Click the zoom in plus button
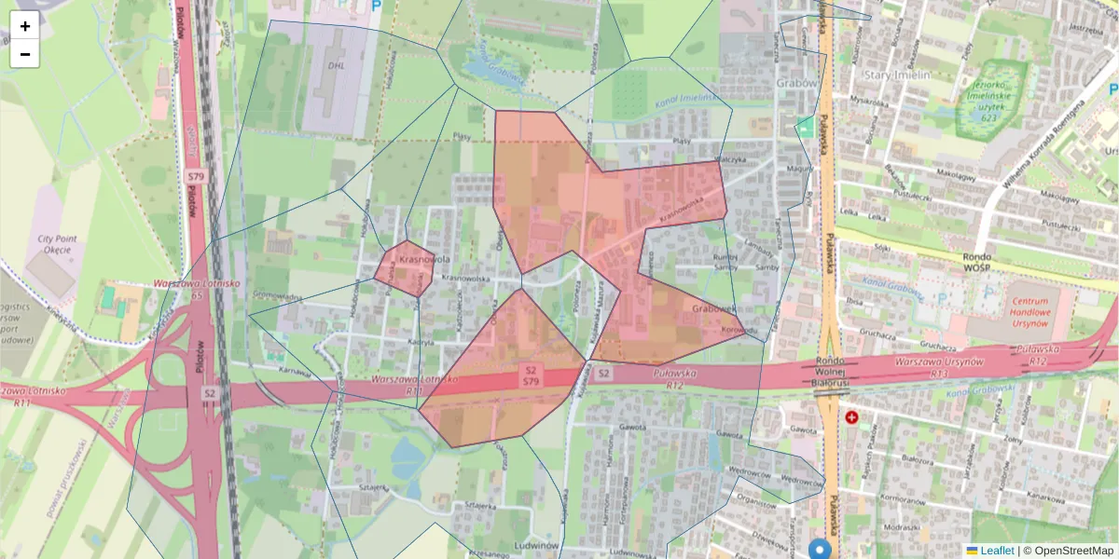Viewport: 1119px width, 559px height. [x=25, y=26]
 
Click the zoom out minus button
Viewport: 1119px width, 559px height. [x=25, y=54]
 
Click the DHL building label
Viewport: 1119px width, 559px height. [x=337, y=66]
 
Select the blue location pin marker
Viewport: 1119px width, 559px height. [x=820, y=550]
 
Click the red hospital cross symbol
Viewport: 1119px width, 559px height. [x=851, y=418]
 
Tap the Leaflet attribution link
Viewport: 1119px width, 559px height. [x=989, y=551]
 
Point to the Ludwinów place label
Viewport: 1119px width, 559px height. [x=535, y=544]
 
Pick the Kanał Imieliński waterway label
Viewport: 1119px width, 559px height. [x=687, y=96]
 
